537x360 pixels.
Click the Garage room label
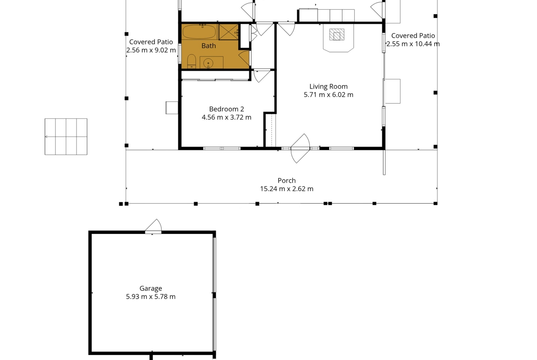pyautogui.click(x=151, y=288)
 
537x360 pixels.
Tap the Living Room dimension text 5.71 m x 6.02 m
pyautogui.click(x=329, y=95)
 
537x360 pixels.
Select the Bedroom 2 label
pyautogui.click(x=226, y=109)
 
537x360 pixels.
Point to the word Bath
pyautogui.click(x=208, y=45)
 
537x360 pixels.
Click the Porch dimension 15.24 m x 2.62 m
pyautogui.click(x=287, y=189)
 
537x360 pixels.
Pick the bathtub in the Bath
pyautogui.click(x=199, y=32)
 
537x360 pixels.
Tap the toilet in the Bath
pyautogui.click(x=191, y=61)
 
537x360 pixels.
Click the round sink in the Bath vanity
pyautogui.click(x=208, y=64)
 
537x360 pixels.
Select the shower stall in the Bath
pyautogui.click(x=229, y=32)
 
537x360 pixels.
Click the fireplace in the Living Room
pyautogui.click(x=338, y=39)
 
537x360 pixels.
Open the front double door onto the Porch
pyautogui.click(x=300, y=148)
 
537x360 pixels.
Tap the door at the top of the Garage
pyautogui.click(x=153, y=227)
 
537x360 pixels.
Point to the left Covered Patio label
pyautogui.click(x=151, y=42)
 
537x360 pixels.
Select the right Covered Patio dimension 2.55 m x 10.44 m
pyautogui.click(x=413, y=44)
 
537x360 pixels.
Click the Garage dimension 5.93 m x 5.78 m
pyautogui.click(x=151, y=297)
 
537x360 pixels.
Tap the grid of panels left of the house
pyautogui.click(x=66, y=137)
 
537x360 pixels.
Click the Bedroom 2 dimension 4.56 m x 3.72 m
pyautogui.click(x=226, y=117)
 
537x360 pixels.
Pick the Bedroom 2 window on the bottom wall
pyautogui.click(x=222, y=149)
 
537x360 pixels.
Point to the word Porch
pyautogui.click(x=287, y=181)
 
